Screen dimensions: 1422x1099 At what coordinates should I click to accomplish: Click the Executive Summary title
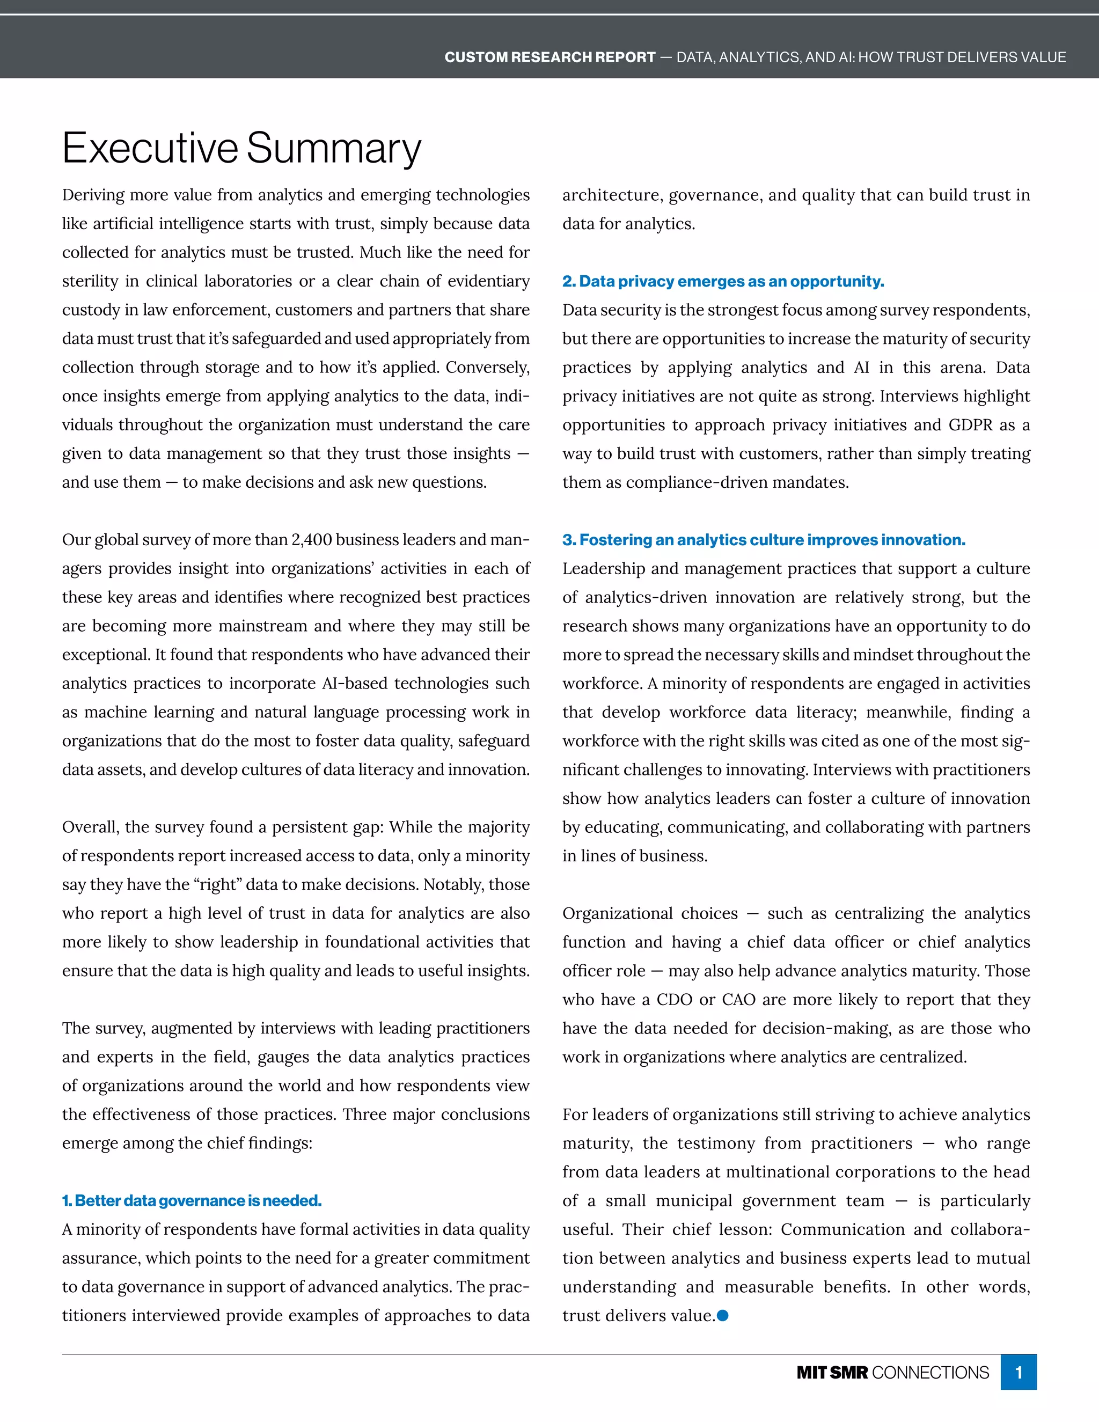click(241, 149)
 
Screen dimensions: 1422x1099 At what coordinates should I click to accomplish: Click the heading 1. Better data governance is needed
click(192, 1200)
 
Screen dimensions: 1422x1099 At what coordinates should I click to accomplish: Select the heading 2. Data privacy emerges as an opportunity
click(723, 281)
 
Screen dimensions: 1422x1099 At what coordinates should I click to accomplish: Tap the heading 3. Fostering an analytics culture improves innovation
click(764, 540)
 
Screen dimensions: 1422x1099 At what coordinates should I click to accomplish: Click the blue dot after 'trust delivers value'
click(722, 1316)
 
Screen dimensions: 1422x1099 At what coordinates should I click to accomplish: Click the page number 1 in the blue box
click(1019, 1373)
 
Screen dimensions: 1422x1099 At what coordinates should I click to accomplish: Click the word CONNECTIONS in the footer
click(930, 1373)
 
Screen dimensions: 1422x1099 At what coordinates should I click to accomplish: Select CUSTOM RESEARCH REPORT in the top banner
click(549, 57)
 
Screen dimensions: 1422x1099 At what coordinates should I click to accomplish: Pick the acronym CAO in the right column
click(738, 1000)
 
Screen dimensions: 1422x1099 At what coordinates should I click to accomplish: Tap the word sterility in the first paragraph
click(89, 281)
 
